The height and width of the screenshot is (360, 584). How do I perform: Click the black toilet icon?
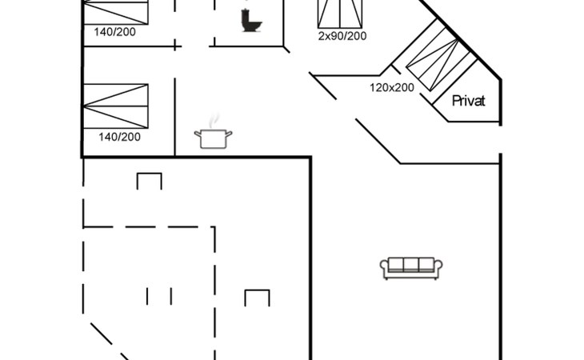pos(251,21)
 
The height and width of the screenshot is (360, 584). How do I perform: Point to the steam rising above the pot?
pos(214,121)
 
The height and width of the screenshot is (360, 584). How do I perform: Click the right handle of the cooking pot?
pos(228,134)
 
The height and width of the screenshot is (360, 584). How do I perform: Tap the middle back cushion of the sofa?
pos(411,264)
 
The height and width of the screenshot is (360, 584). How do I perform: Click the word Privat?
pos(468,101)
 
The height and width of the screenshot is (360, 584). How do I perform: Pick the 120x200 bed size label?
pos(392,87)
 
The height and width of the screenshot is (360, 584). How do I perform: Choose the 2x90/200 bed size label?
pos(342,36)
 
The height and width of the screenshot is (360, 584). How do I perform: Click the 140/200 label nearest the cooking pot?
pos(119,137)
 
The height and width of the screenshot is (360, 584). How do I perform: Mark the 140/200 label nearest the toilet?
pos(114,32)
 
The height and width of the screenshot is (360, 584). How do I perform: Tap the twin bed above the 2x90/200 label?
pos(340,14)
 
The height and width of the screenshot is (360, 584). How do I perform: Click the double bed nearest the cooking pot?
pos(115,106)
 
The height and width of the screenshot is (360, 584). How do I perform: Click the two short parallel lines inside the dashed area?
pos(159,296)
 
